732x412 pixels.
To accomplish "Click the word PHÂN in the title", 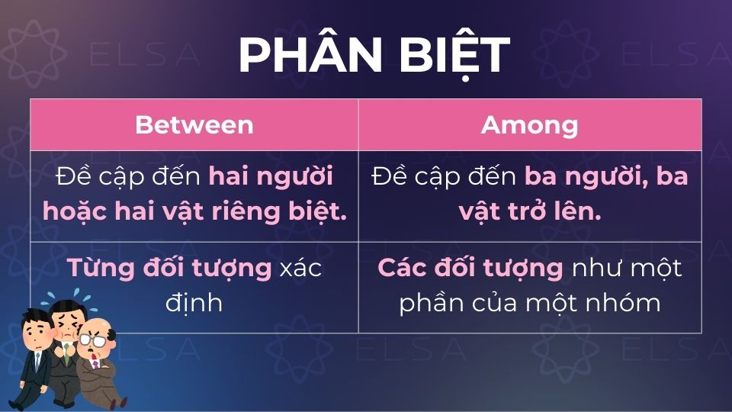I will [304, 55].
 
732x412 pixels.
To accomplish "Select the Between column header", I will [194, 124].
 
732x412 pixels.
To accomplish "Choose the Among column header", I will [529, 124].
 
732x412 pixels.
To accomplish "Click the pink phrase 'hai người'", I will [271, 177].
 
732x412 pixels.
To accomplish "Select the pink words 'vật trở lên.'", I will [529, 211].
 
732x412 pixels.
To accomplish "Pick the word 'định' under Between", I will [194, 302].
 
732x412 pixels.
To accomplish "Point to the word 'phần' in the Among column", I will [432, 302].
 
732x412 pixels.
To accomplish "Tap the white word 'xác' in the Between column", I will [300, 268].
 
